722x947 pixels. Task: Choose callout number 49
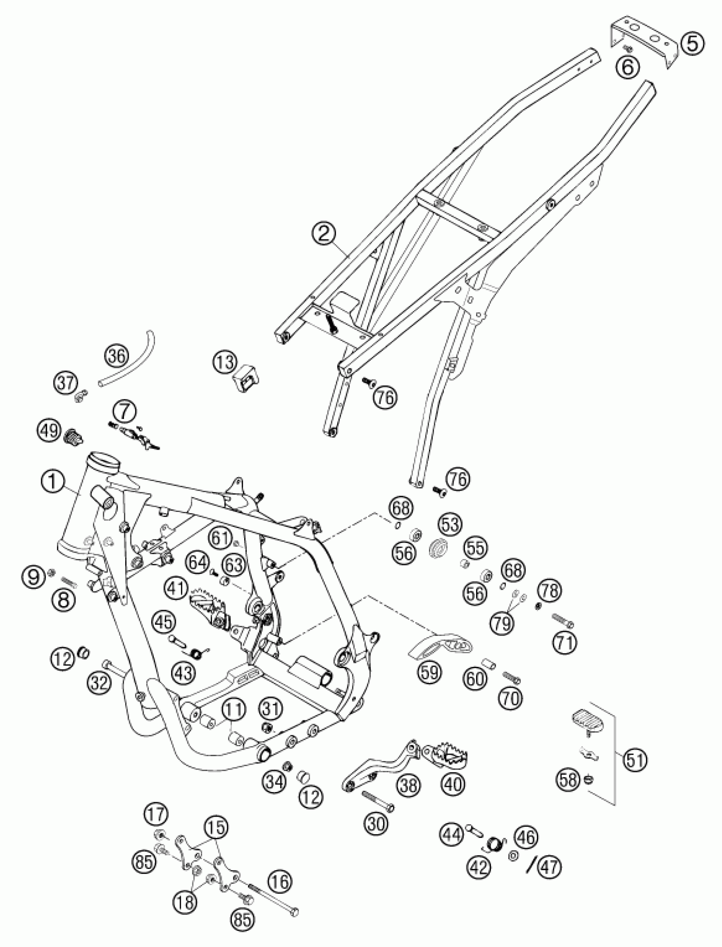pyautogui.click(x=48, y=430)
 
